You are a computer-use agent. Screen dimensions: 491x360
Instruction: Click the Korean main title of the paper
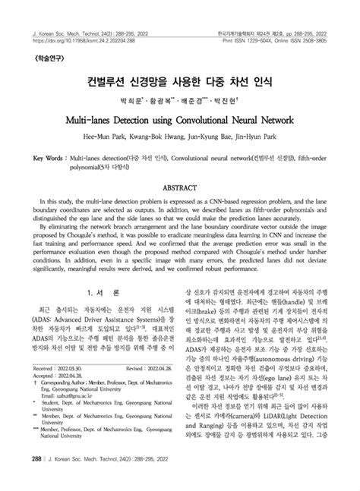(x=179, y=78)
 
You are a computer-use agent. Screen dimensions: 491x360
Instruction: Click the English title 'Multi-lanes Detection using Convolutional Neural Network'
(x=179, y=121)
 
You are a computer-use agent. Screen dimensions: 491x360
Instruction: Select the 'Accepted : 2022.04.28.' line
(x=59, y=395)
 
